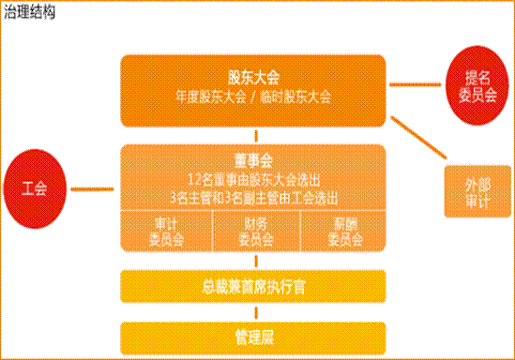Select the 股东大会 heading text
click(253, 77)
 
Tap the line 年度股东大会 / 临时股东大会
click(253, 96)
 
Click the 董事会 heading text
click(253, 157)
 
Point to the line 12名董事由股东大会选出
click(253, 177)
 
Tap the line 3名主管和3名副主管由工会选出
click(253, 196)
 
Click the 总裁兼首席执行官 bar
click(253, 285)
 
